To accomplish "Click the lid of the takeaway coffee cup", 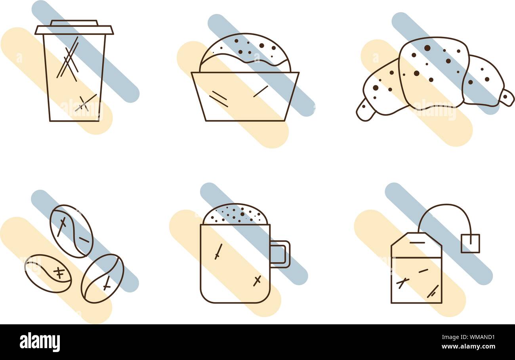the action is click(74, 28).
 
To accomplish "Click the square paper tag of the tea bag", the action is click(470, 243).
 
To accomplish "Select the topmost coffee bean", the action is click(71, 231).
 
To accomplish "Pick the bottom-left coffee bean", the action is click(48, 274).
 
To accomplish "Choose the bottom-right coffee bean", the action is click(103, 278).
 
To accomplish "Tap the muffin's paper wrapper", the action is click(245, 97).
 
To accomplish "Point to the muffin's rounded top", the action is click(245, 53).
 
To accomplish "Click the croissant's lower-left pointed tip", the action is click(364, 112).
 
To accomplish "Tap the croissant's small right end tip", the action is click(507, 98).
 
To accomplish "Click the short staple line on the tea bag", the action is click(417, 242).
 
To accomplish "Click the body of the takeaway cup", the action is click(74, 78).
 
